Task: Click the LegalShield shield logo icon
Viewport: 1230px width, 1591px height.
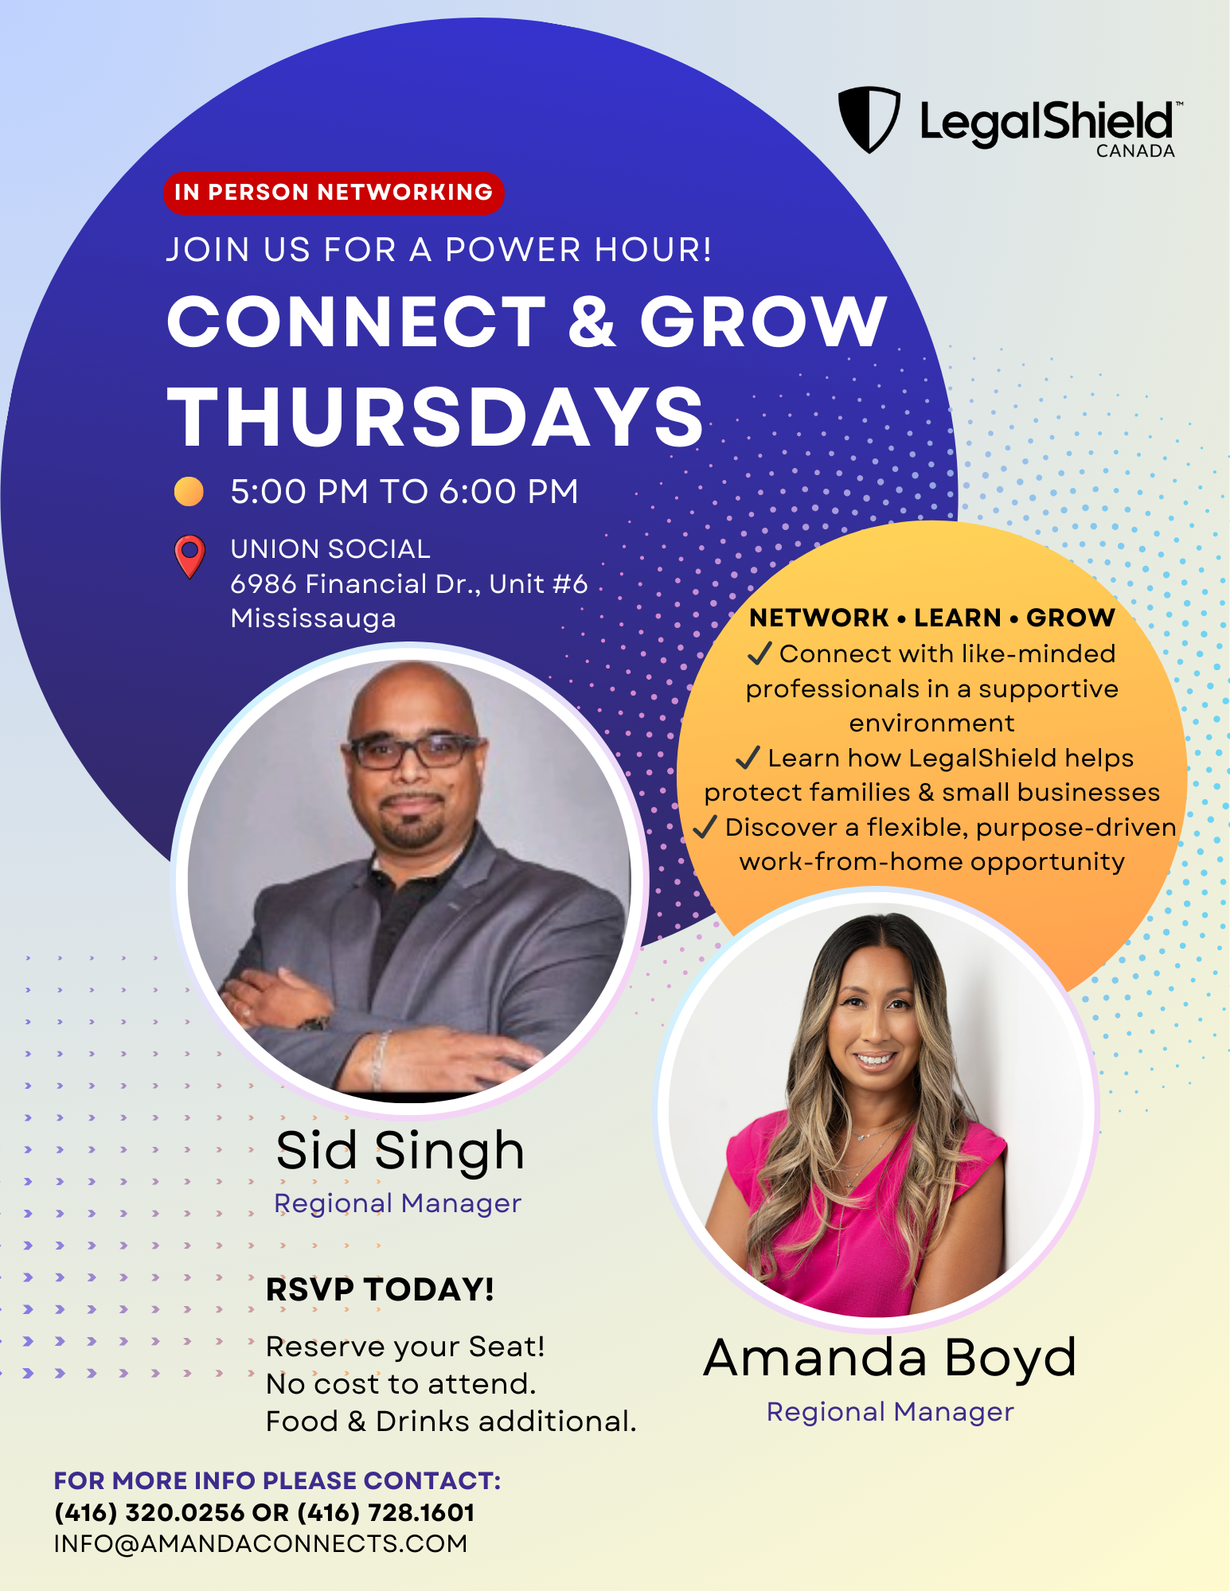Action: pos(869,119)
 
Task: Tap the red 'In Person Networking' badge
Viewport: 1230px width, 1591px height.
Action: pos(334,193)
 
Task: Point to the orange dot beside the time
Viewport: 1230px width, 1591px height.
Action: pos(189,491)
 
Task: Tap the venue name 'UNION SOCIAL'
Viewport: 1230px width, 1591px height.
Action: pos(330,548)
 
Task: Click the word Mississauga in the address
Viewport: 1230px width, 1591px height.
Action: pos(313,618)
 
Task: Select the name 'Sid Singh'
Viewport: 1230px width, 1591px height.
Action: pos(400,1152)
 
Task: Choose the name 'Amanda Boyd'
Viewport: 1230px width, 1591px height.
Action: pos(890,1358)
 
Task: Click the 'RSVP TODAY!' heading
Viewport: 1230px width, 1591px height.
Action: pos(380,1289)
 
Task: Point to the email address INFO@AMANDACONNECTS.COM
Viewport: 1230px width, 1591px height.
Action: pos(260,1543)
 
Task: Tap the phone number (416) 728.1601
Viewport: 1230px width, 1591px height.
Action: pos(386,1512)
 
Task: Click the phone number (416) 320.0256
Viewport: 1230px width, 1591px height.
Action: pos(149,1512)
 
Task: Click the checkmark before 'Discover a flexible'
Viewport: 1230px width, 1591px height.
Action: pos(705,827)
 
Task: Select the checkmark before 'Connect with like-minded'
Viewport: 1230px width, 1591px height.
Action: pos(759,653)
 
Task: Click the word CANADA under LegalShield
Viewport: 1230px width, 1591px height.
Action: pos(1135,151)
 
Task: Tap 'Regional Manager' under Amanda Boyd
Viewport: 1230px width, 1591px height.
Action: pos(890,1412)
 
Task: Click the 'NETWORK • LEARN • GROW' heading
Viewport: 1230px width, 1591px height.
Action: pos(932,618)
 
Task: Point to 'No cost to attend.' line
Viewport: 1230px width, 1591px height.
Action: pos(401,1384)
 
